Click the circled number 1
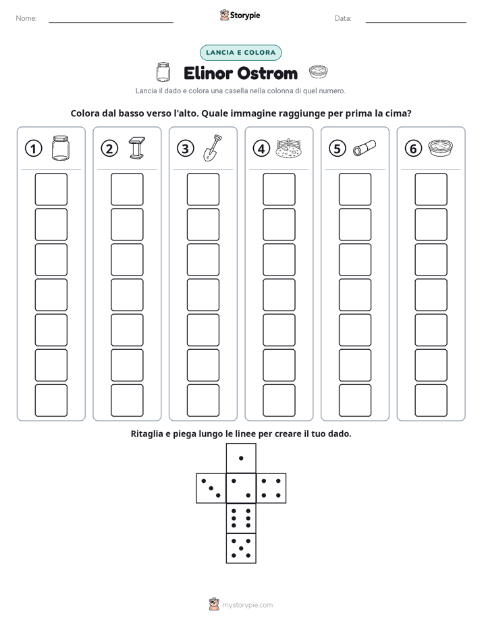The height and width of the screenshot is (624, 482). coord(33,149)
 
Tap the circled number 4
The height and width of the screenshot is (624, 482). coord(261,149)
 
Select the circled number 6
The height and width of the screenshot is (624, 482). coord(413,149)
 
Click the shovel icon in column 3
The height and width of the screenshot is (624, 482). coord(213,148)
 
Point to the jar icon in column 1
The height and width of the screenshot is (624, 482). coord(61,148)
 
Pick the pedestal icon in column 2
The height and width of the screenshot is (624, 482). coord(137,148)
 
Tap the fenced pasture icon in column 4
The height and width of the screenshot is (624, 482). coord(288,149)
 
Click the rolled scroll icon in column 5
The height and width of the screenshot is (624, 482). coord(365,148)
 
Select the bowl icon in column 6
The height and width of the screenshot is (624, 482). coord(441,148)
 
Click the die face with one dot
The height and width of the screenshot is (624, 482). coord(241,458)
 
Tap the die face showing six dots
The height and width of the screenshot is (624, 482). coord(241,518)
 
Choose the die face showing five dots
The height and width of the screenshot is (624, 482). coord(241,548)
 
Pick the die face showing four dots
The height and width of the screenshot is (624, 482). coord(271,488)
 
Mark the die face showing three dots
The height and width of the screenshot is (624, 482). coord(211,488)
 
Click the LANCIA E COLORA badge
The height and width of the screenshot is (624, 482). coord(240,53)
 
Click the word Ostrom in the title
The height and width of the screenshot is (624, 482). coord(267,74)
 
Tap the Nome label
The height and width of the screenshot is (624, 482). coord(26,18)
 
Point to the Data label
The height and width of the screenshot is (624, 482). coord(343,18)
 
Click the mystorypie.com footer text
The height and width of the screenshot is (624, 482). coord(247,605)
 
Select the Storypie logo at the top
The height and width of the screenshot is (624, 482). coord(240,15)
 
